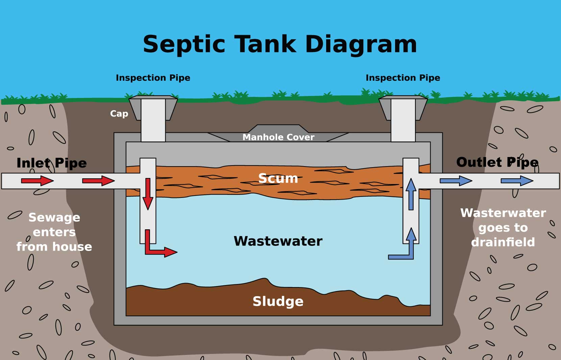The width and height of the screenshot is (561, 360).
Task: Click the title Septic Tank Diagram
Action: pyautogui.click(x=280, y=44)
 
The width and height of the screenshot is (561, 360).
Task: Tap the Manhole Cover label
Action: pyautogui.click(x=278, y=137)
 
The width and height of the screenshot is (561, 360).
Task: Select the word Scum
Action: pyautogui.click(x=278, y=178)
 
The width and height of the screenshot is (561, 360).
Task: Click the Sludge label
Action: pyautogui.click(x=278, y=301)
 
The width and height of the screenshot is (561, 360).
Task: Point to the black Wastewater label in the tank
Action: pyautogui.click(x=278, y=241)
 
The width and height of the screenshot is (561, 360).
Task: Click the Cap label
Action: pyautogui.click(x=119, y=113)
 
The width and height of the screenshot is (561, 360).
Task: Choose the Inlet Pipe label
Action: pyautogui.click(x=51, y=163)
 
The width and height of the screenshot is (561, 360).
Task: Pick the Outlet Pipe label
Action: pyautogui.click(x=497, y=162)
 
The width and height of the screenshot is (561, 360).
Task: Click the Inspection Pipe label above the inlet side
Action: pyautogui.click(x=153, y=78)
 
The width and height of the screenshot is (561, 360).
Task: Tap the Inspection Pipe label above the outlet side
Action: pyautogui.click(x=403, y=78)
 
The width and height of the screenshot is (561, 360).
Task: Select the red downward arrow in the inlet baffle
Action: pyautogui.click(x=148, y=194)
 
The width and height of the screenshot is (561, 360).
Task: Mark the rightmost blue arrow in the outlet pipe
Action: pyautogui.click(x=517, y=181)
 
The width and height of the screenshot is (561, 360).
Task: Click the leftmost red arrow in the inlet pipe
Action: pyautogui.click(x=37, y=181)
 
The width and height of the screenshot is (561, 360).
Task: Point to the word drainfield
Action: pyautogui.click(x=503, y=242)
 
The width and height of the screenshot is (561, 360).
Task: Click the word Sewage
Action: pyautogui.click(x=54, y=217)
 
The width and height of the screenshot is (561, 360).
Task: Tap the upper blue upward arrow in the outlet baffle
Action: pyautogui.click(x=411, y=194)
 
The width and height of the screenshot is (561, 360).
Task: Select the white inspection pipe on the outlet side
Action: pyautogui.click(x=403, y=120)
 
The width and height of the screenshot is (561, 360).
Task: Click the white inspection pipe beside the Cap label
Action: pyautogui.click(x=153, y=120)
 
